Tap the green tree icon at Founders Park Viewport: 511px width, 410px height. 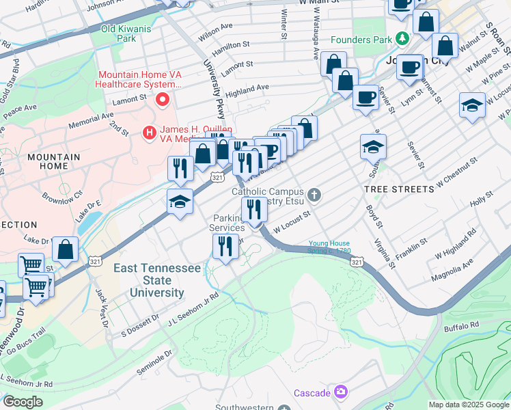coord(403,40)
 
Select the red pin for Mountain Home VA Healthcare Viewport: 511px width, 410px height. coord(163,100)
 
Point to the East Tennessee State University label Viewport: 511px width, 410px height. coord(158,280)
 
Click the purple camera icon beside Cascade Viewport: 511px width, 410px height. coord(340,392)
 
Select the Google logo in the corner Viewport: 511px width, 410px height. coord(23,402)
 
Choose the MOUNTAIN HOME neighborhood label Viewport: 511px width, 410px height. coord(53,161)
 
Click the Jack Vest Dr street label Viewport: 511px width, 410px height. coord(102,307)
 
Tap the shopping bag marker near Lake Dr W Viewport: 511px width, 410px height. coord(66,250)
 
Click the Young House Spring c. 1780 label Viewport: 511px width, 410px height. coord(329,247)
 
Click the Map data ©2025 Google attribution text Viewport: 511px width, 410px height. coord(469,405)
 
